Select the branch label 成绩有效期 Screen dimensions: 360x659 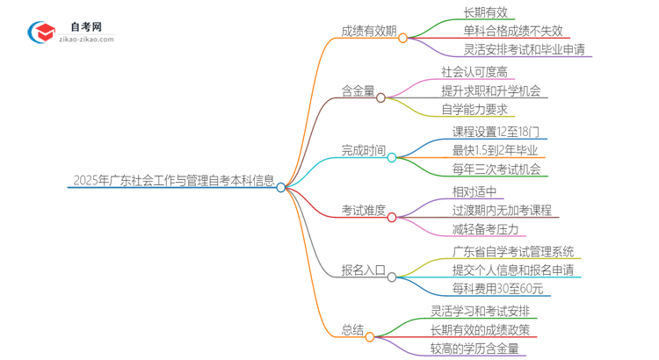coord(367,30)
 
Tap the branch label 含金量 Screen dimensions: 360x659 coord(358,90)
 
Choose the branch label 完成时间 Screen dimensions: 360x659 coord(363,150)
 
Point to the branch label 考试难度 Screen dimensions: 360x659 coord(363,210)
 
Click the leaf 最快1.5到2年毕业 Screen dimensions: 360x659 coord(496,150)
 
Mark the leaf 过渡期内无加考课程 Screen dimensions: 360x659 coord(502,210)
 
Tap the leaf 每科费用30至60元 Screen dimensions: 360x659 coord(497,288)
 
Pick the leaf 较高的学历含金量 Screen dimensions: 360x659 coord(474,349)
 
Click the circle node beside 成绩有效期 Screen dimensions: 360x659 coord(403,38)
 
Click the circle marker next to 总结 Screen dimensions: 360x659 coord(370,336)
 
